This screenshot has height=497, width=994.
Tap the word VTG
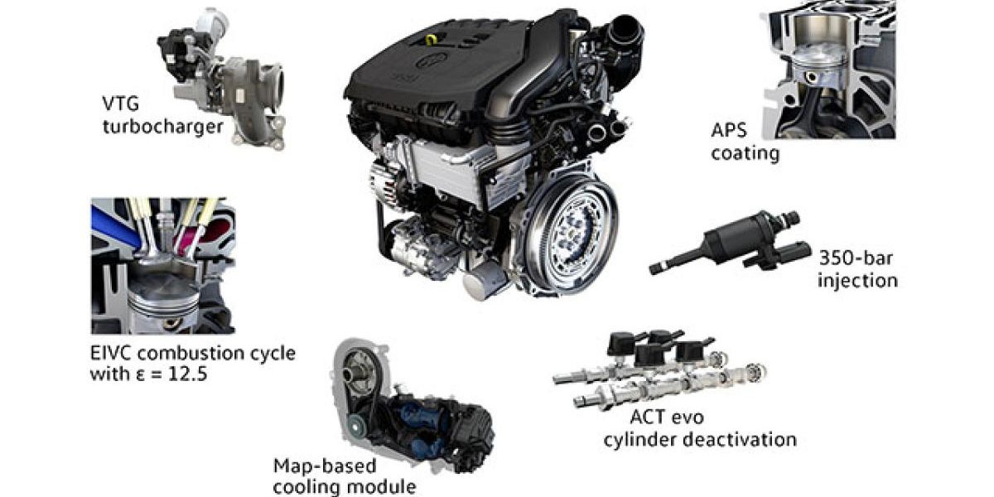(121, 104)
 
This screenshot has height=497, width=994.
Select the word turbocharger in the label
(163, 128)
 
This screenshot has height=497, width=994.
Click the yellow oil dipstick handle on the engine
(431, 40)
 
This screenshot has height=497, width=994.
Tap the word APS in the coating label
(729, 131)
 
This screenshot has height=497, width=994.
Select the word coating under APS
(745, 153)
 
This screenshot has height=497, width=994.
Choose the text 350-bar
(856, 258)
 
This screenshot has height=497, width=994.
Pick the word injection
(858, 281)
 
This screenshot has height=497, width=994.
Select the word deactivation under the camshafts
(739, 440)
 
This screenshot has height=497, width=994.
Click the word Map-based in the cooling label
(325, 466)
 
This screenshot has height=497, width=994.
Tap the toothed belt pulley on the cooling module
(355, 427)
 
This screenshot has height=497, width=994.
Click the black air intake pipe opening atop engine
(626, 29)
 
